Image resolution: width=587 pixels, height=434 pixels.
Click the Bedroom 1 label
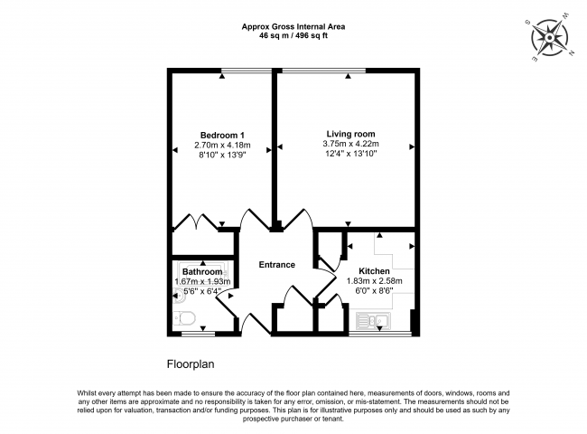pos(222,135)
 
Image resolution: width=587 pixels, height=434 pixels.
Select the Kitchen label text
pos(374,270)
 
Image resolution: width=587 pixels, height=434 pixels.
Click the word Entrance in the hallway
pos(276,264)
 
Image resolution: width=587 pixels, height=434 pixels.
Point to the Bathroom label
pos(202,271)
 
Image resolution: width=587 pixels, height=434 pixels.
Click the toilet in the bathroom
pos(184,318)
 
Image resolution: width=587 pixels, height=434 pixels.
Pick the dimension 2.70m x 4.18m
pos(222,146)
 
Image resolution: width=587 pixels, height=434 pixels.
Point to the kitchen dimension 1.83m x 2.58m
pos(374,281)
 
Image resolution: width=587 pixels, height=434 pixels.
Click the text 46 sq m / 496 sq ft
pos(293,36)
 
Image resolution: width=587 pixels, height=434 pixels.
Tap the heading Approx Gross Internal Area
pos(293,26)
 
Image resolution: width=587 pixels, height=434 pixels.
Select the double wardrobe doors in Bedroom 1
pos(199,222)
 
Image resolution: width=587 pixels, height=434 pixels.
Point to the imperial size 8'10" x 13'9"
pos(222,156)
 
